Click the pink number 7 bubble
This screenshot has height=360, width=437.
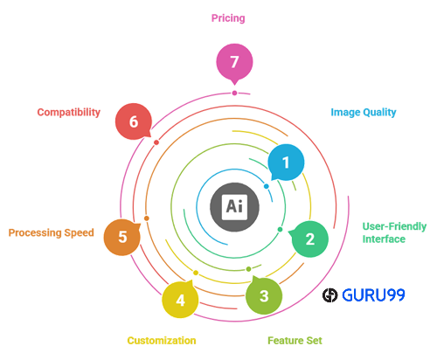click(234, 62)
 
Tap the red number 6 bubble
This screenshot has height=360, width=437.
click(134, 121)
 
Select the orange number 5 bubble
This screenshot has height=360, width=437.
click(122, 237)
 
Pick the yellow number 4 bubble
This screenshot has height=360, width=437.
click(180, 300)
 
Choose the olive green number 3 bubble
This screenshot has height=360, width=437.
click(264, 295)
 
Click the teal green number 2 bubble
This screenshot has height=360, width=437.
click(309, 239)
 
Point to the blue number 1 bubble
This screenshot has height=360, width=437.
click(286, 163)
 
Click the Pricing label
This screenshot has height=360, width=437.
click(228, 18)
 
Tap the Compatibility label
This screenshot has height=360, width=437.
click(69, 112)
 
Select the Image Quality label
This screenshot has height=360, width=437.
click(364, 112)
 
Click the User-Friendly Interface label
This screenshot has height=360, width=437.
click(394, 232)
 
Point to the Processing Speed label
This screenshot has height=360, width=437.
click(52, 232)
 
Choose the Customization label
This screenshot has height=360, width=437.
click(162, 341)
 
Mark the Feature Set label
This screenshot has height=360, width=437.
click(295, 341)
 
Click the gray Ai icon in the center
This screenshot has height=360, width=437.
click(234, 207)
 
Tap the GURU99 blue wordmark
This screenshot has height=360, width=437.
click(373, 295)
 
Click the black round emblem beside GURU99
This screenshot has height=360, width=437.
click(329, 295)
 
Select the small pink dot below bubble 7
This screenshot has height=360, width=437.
click(234, 93)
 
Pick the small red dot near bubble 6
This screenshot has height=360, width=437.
click(156, 142)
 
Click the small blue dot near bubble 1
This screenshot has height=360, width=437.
click(267, 186)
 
